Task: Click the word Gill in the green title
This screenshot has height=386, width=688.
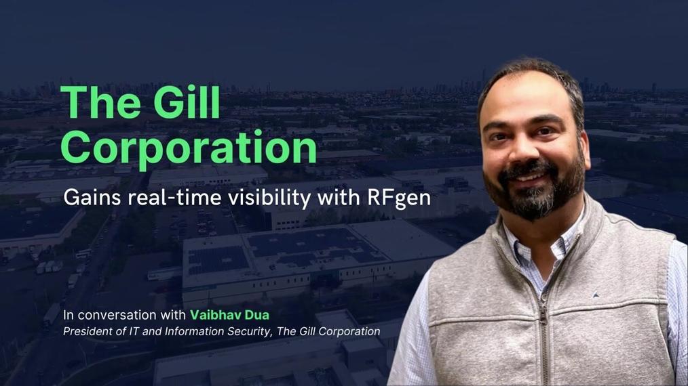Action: click(x=184, y=104)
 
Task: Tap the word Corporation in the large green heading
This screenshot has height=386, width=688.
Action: click(x=188, y=146)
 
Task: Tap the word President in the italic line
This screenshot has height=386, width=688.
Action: click(x=86, y=331)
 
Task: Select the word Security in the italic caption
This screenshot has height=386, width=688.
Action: click(x=250, y=331)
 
